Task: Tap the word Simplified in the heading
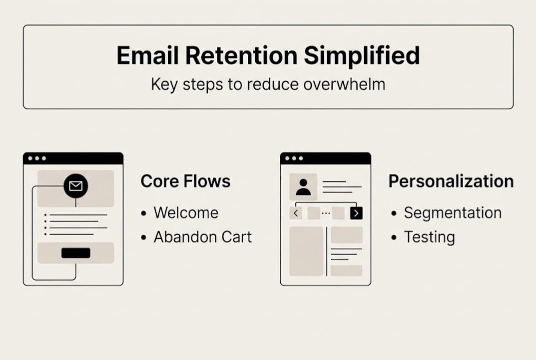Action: coord(362,55)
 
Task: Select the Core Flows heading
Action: coord(185,181)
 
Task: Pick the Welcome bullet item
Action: coord(186,212)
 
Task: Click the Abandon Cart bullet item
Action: coord(202,236)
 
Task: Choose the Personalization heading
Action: coord(451,181)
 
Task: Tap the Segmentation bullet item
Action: coord(452,212)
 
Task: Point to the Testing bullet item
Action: coord(429,236)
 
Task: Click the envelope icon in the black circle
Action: coord(76,186)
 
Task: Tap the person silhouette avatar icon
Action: coord(303,187)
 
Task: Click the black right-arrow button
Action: coord(356,213)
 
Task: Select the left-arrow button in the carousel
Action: coord(296,213)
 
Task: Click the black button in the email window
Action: coord(76,253)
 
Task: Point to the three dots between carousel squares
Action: coord(326,213)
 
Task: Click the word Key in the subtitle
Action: coord(164,84)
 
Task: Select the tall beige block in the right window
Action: coord(306,251)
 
